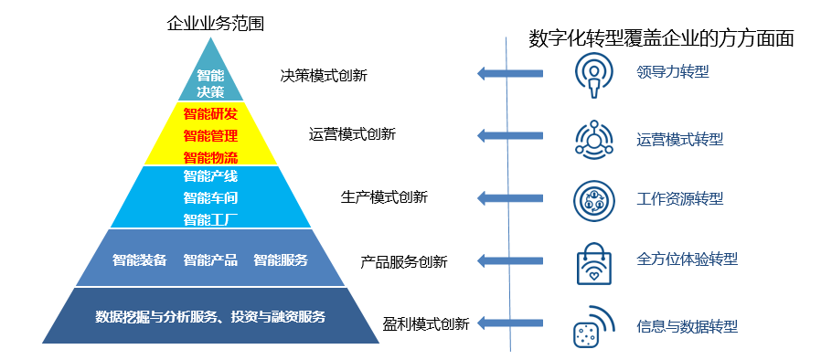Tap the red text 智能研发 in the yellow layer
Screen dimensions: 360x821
pos(210,114)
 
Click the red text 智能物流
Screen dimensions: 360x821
pos(210,156)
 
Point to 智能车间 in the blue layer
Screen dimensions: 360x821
pos(210,197)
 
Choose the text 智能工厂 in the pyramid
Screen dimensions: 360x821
pos(210,218)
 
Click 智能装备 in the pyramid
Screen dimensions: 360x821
pos(139,259)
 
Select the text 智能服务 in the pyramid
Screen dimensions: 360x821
pos(281,259)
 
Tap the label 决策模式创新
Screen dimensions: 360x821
pos(324,76)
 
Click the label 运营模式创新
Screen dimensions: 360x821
pos(352,134)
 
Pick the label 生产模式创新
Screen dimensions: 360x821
pos(384,197)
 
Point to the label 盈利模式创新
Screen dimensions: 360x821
pos(426,323)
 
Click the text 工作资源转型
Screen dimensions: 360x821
pos(679,198)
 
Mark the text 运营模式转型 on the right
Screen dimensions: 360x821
pos(679,140)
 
